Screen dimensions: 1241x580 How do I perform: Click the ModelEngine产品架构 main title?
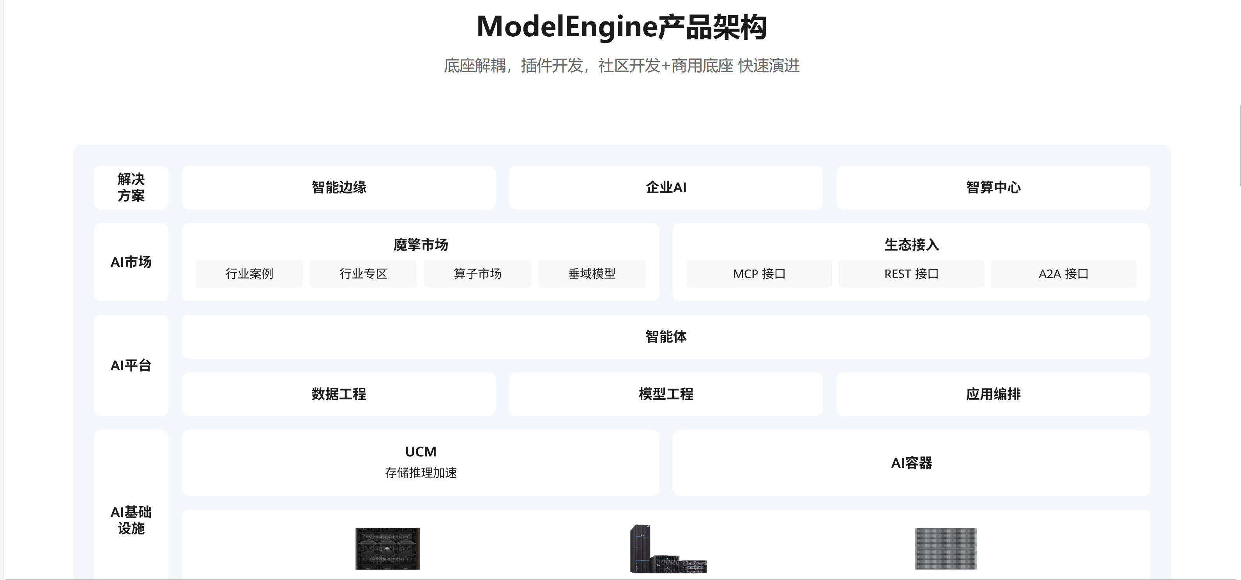(x=621, y=27)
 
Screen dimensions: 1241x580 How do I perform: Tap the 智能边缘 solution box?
(x=339, y=188)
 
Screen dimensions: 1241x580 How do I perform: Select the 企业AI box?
(x=666, y=188)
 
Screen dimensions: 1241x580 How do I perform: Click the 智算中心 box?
(x=993, y=188)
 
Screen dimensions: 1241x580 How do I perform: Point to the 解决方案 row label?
(x=131, y=188)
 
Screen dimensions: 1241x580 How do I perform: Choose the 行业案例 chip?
(x=249, y=274)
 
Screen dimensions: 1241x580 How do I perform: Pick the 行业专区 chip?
(x=364, y=274)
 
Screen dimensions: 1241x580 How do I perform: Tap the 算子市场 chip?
(x=478, y=274)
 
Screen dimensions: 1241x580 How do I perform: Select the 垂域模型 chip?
(x=592, y=274)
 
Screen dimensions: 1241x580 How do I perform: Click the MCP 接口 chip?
(x=759, y=274)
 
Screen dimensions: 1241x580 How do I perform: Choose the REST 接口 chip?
(x=912, y=274)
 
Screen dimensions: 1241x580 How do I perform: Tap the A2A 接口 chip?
(x=1064, y=274)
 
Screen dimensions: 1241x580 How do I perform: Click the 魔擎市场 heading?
(x=421, y=245)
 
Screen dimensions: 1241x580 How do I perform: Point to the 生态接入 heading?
(x=912, y=245)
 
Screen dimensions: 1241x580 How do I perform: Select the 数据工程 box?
(x=339, y=394)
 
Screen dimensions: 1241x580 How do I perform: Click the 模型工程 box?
(x=666, y=394)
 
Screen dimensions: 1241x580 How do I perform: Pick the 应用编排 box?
(x=993, y=394)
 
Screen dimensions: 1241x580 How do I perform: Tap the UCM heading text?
(x=421, y=452)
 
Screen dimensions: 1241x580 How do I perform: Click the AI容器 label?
(x=912, y=463)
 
